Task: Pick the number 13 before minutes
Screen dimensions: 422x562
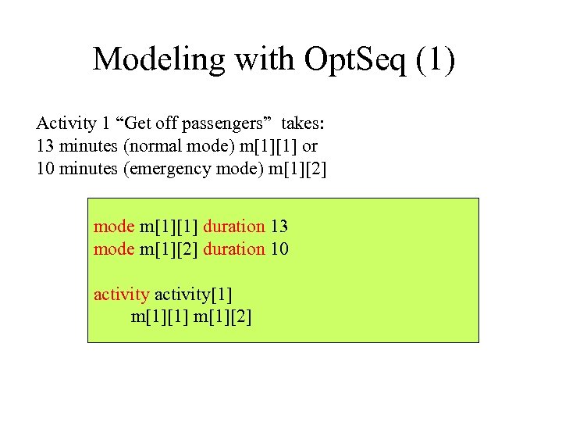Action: click(x=45, y=146)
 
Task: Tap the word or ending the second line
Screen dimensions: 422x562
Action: click(x=310, y=146)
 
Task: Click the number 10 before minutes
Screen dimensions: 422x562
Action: click(x=45, y=169)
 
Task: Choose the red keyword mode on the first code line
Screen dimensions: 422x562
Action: click(x=114, y=227)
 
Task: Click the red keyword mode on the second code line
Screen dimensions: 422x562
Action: click(x=114, y=249)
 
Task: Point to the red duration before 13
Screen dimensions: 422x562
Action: click(x=234, y=227)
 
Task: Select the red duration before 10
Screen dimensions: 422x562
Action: click(x=234, y=249)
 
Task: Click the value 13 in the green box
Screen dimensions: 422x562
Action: click(x=279, y=227)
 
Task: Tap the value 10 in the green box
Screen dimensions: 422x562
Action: click(x=279, y=249)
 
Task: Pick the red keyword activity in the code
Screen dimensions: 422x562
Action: click(x=121, y=295)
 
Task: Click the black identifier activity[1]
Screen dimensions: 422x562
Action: click(x=194, y=295)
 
